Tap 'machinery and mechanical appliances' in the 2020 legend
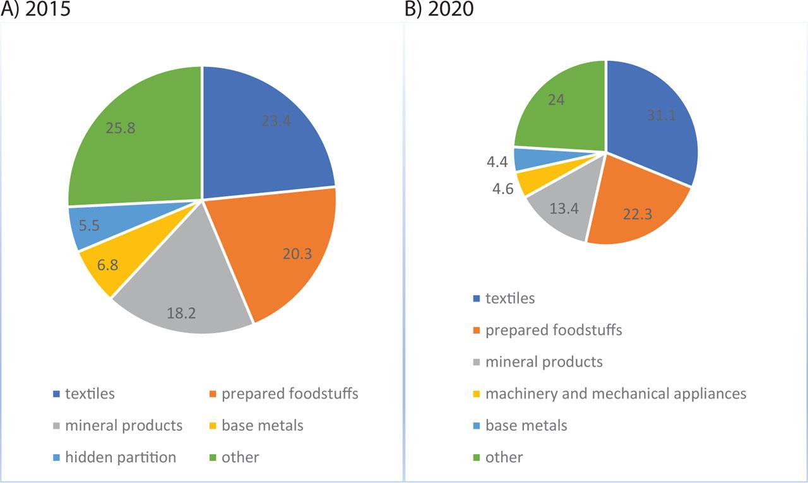point(615,393)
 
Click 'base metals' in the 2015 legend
point(262,426)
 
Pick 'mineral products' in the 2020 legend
point(544,362)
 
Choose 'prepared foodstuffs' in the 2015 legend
point(290,394)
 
